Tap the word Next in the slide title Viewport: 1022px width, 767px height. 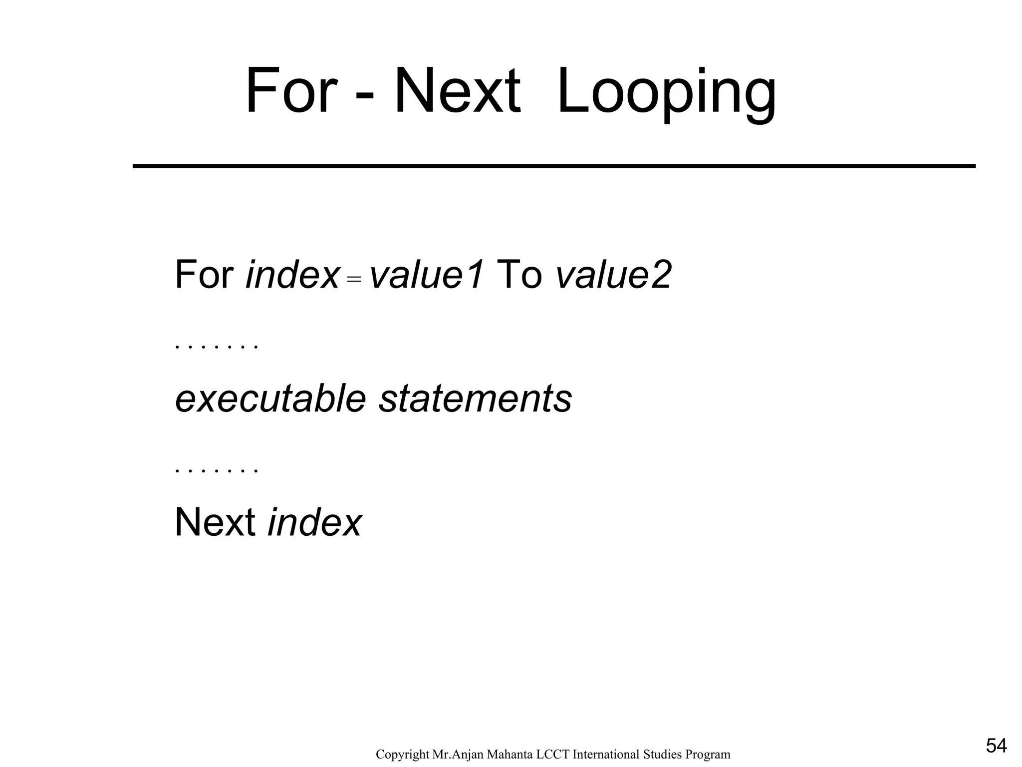(x=457, y=92)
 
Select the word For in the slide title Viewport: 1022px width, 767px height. (x=289, y=92)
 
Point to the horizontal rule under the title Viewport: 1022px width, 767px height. (x=554, y=166)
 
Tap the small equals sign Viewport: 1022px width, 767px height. (x=354, y=281)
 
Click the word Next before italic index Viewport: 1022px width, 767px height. (x=215, y=522)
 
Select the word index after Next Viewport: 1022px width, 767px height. (x=314, y=522)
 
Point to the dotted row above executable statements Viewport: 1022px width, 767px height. (x=217, y=347)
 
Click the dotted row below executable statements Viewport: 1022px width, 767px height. (x=217, y=470)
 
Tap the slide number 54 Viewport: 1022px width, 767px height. (x=996, y=746)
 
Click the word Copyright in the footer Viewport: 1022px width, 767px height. (x=402, y=755)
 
